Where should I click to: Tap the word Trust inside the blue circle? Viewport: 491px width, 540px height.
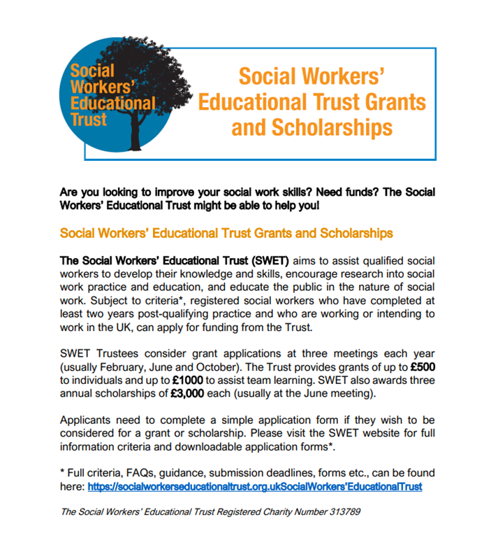point(89,120)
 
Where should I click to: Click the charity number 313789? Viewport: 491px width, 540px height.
point(342,511)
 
